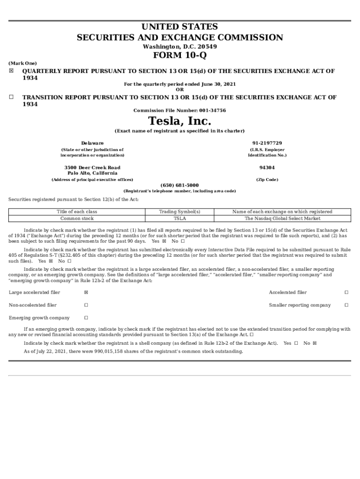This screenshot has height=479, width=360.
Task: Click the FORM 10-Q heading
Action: [180, 56]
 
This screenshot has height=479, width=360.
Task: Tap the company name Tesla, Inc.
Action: [180, 122]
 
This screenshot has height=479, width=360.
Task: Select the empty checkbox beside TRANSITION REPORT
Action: [11, 97]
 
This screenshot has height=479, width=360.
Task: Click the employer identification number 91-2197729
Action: [267, 143]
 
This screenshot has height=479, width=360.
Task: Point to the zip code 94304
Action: [267, 167]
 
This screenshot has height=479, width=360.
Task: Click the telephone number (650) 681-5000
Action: [180, 185]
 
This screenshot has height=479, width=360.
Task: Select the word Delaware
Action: [93, 143]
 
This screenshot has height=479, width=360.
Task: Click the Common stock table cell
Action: [77, 218]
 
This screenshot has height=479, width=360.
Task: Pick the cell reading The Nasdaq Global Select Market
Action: [282, 218]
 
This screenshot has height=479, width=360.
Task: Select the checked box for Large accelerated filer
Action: [86, 292]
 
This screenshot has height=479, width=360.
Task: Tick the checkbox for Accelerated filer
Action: [346, 292]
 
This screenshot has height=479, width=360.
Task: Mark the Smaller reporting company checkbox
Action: [346, 305]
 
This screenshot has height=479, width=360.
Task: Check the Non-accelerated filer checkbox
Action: [86, 305]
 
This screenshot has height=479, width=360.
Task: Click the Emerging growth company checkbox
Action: [86, 318]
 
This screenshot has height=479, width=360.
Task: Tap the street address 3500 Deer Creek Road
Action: [93, 167]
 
